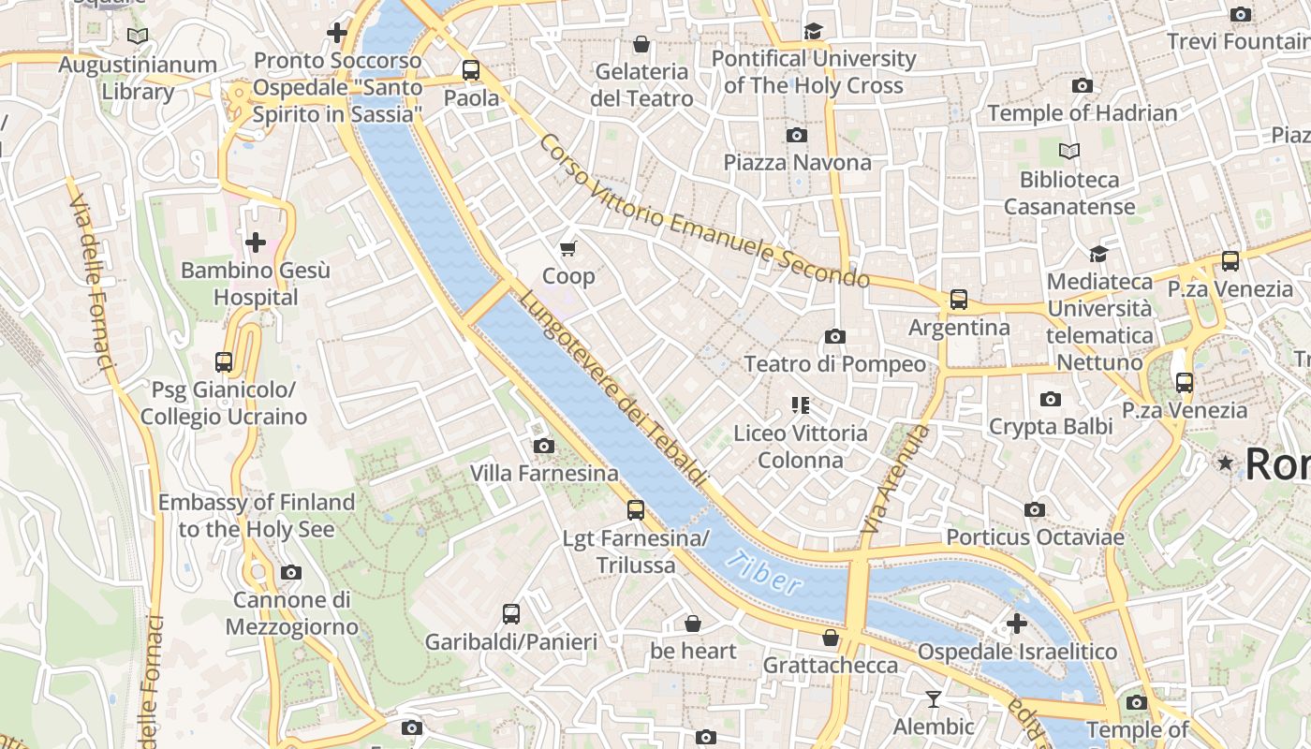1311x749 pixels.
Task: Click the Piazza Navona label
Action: point(797,163)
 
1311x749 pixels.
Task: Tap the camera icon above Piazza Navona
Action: point(797,136)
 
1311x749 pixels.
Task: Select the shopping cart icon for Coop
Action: point(568,248)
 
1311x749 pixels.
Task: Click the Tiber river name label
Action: point(764,573)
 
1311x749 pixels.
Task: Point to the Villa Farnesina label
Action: point(544,474)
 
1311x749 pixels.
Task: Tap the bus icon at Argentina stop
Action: point(959,300)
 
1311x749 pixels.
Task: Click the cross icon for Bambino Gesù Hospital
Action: point(255,243)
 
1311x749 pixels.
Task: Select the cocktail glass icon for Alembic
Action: point(934,699)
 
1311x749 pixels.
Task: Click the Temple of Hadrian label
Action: point(1082,113)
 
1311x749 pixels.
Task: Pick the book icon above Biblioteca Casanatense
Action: point(1068,151)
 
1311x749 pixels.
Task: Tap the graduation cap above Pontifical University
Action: point(813,32)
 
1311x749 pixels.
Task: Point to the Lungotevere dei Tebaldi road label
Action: point(612,389)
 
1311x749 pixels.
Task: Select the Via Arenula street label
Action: point(895,479)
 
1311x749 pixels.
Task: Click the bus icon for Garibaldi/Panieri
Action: point(510,614)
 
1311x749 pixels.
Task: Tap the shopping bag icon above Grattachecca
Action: point(830,638)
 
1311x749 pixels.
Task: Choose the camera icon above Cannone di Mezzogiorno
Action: point(291,572)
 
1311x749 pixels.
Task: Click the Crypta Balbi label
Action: point(1051,427)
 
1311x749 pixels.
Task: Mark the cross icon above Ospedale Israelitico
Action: point(1017,624)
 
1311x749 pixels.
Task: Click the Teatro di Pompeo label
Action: point(834,364)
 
